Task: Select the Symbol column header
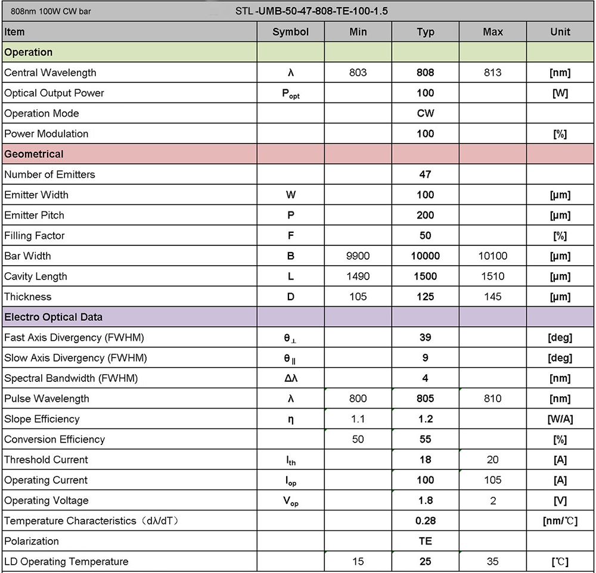(x=290, y=32)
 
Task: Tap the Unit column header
(x=560, y=32)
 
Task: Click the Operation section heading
(x=29, y=52)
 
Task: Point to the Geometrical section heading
(x=34, y=154)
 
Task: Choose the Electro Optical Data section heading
(x=53, y=317)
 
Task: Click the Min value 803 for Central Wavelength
(x=358, y=73)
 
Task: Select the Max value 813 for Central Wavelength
(x=493, y=73)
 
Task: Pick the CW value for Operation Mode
(x=426, y=113)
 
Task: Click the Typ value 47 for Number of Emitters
(x=426, y=175)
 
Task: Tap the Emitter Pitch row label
(x=34, y=215)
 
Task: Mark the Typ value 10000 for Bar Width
(x=426, y=256)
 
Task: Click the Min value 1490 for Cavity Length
(x=358, y=276)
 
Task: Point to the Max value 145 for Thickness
(x=493, y=297)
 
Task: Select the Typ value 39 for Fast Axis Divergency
(x=426, y=338)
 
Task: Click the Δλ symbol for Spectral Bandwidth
(x=290, y=378)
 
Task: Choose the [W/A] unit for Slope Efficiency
(x=560, y=419)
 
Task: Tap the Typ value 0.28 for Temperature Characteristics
(x=426, y=521)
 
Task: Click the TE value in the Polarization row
(x=426, y=541)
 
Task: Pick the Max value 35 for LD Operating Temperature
(x=493, y=562)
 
